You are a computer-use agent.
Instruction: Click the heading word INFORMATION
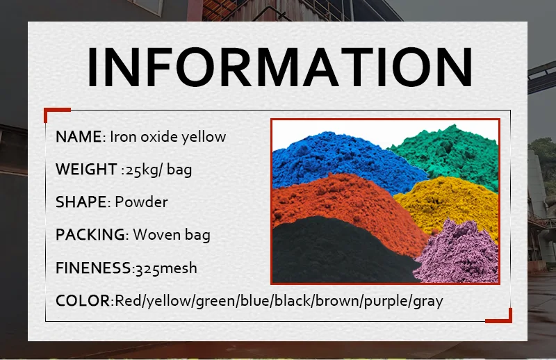[x=280, y=67]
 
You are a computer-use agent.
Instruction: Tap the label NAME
[x=79, y=136]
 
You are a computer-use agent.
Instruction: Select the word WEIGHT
[x=86, y=169]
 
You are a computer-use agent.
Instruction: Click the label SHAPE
[x=81, y=202]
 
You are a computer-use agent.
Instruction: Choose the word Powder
[x=141, y=202]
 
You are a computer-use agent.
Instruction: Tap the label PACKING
[x=90, y=235]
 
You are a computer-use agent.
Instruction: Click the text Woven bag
[x=172, y=235]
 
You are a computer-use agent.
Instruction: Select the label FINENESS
[x=94, y=268]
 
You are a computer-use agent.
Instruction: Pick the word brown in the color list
[x=337, y=301]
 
